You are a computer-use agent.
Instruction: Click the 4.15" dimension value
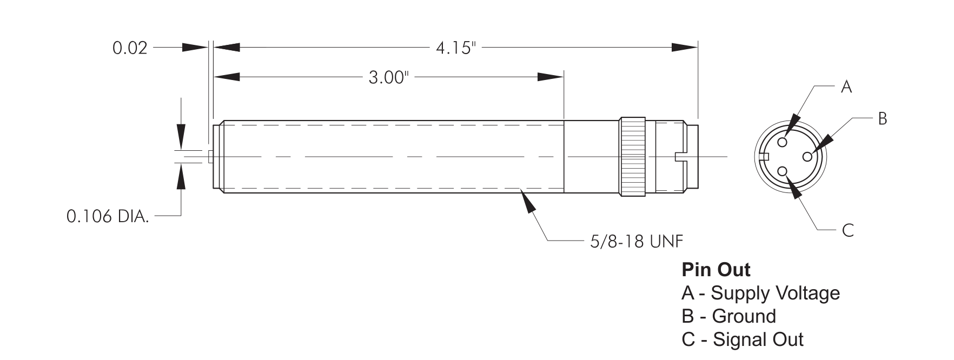[x=457, y=49]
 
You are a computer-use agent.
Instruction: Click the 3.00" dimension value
[x=387, y=78]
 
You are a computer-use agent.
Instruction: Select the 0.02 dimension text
[x=130, y=48]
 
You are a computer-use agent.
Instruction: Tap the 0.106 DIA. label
[x=108, y=217]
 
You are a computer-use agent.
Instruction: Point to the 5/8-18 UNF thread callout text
[x=636, y=241]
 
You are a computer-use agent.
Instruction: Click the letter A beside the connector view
[x=846, y=87]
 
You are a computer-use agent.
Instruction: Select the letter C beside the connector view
[x=847, y=231]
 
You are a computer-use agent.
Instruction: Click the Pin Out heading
[x=716, y=269]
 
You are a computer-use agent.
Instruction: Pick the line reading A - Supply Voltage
[x=760, y=293]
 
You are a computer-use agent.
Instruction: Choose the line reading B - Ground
[x=728, y=316]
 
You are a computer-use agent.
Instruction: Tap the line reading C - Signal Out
[x=743, y=339]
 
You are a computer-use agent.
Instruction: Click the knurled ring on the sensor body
[x=632, y=156]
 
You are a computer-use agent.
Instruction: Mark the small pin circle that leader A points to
[x=783, y=142]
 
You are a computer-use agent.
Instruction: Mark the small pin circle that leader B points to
[x=807, y=156]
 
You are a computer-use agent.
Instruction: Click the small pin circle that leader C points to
[x=783, y=171]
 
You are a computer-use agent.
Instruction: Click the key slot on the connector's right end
[x=683, y=157]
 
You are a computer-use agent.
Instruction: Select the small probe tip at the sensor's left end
[x=210, y=156]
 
